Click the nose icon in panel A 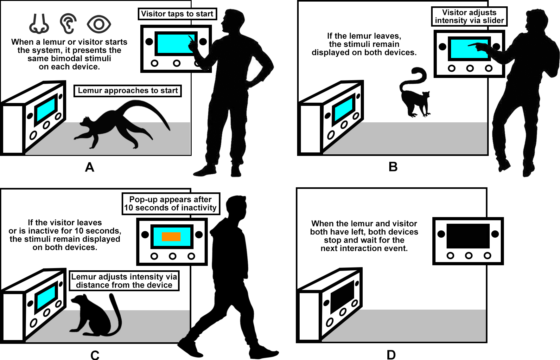point(39,24)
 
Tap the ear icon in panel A point(68,23)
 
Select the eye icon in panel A point(99,24)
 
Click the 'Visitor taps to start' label point(177,14)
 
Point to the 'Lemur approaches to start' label point(128,91)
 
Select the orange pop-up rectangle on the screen point(171,237)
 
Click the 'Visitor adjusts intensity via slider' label point(469,16)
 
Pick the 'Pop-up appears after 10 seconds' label point(171,204)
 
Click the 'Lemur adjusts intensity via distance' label point(124,281)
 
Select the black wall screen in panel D point(468,236)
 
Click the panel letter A point(90,167)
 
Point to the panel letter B point(393,167)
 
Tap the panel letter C point(95,355)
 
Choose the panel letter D point(391,355)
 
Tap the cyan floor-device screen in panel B point(344,108)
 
